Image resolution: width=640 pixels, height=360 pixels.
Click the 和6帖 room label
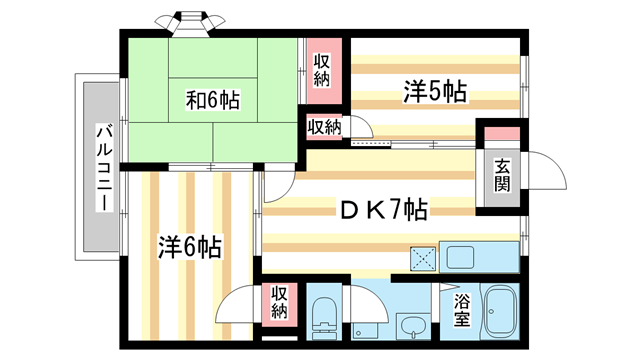[x=213, y=101]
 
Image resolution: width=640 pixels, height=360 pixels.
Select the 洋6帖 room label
[x=189, y=247]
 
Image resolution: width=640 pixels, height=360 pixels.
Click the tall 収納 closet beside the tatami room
[x=322, y=71]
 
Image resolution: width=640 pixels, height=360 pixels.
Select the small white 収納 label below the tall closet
[x=323, y=127]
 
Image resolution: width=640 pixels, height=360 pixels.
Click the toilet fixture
[x=326, y=318]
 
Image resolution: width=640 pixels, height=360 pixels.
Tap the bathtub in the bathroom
[x=499, y=314]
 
